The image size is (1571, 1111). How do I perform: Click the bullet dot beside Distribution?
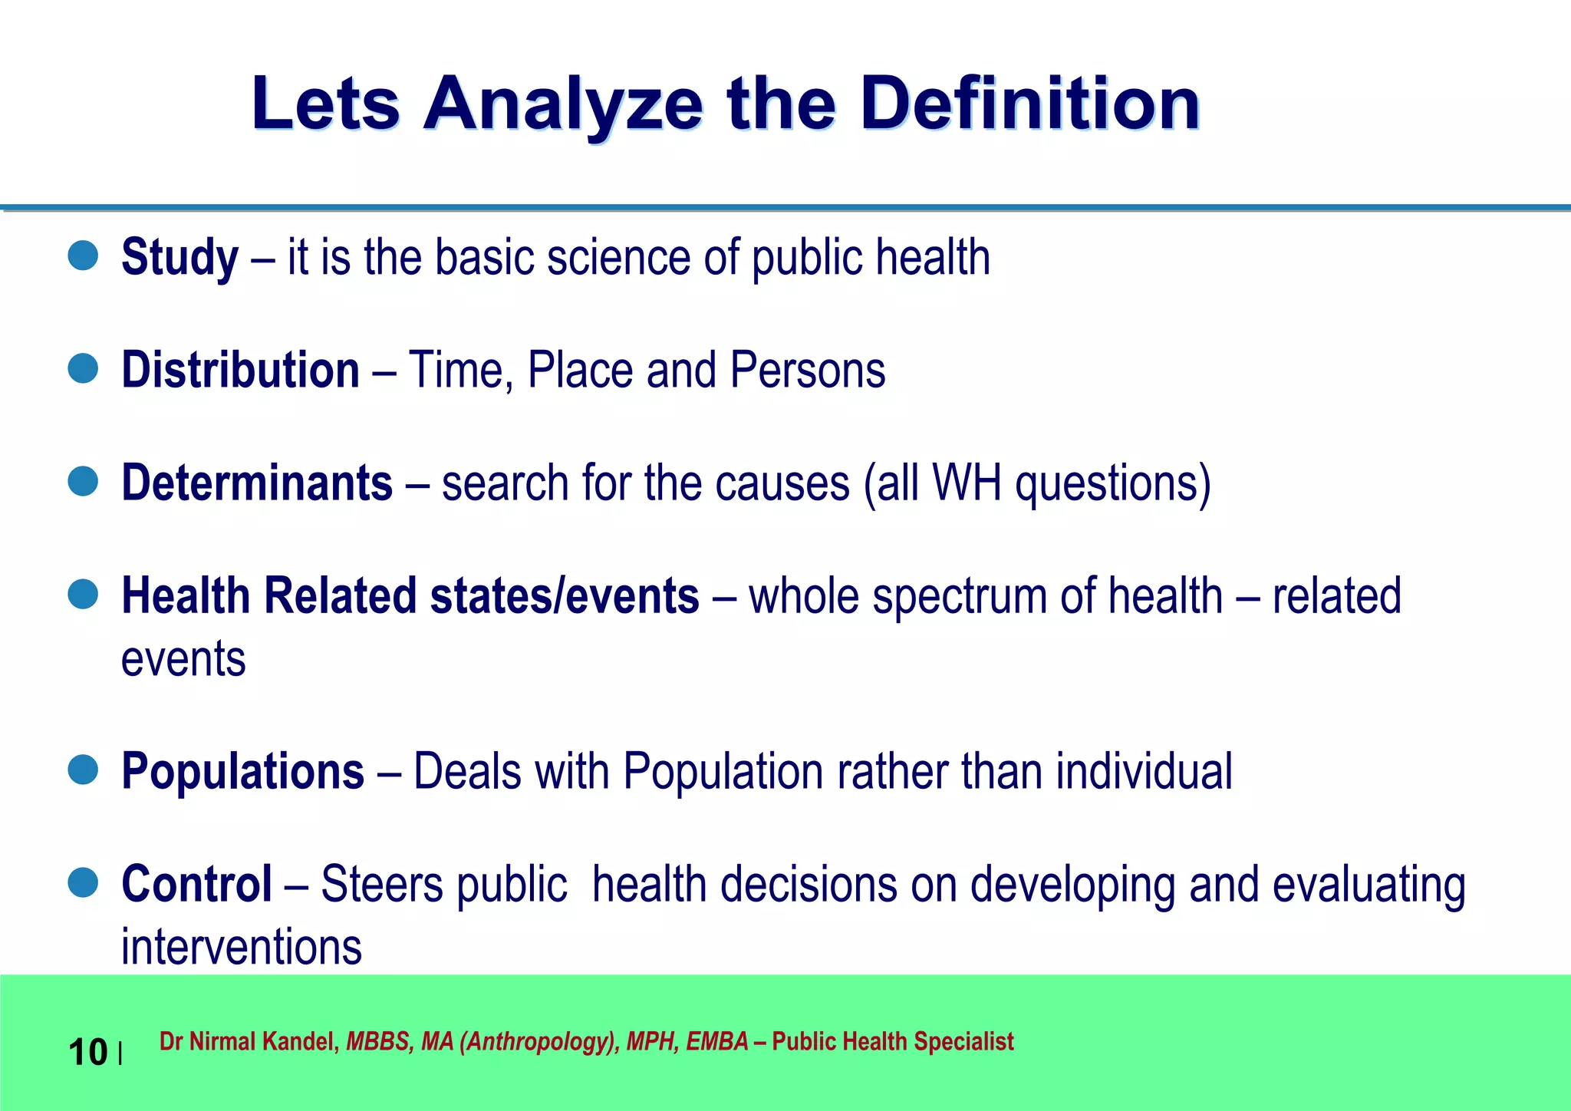click(x=83, y=368)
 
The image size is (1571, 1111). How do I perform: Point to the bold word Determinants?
click(x=257, y=483)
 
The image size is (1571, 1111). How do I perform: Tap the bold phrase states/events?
click(x=565, y=596)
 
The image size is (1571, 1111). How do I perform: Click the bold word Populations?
click(x=242, y=771)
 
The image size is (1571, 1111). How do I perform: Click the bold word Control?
click(x=196, y=884)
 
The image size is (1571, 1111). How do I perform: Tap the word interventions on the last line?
click(x=241, y=947)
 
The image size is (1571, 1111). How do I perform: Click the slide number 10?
click(x=87, y=1052)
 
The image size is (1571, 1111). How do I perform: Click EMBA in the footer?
click(x=716, y=1042)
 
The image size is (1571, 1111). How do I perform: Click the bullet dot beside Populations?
click(x=83, y=770)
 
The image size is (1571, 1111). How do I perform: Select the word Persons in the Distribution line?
click(x=807, y=371)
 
